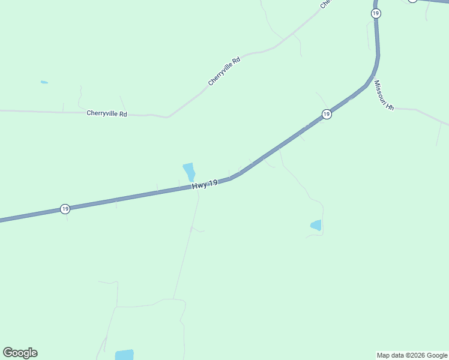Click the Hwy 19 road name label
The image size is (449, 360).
205,185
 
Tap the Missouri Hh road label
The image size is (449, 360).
384,95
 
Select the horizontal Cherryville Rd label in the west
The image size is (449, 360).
107,113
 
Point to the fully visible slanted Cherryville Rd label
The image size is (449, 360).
224,71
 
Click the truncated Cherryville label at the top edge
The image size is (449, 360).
325,4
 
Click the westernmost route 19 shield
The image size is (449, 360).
65,209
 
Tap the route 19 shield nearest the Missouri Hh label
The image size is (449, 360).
326,114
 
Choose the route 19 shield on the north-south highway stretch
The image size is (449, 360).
376,13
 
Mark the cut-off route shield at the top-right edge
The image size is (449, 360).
412,1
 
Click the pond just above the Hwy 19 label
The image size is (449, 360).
189,172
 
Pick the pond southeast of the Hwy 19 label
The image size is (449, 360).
316,226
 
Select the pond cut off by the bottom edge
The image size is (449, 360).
124,355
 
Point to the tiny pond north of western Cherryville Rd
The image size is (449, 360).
44,82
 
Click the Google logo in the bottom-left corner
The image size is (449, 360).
20,353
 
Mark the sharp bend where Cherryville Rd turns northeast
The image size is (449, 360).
168,116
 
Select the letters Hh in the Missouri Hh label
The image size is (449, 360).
390,106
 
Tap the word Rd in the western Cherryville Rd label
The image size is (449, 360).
123,113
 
